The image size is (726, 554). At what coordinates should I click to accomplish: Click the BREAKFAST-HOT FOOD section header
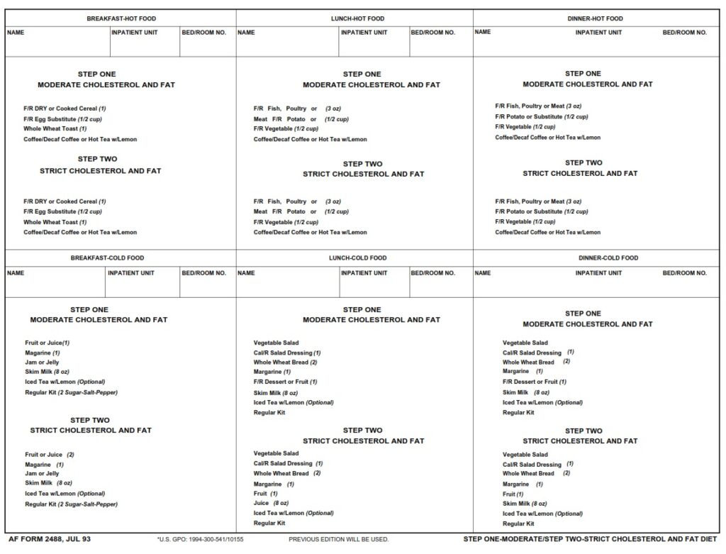[121, 18]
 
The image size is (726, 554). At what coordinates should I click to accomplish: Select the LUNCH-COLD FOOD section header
[357, 258]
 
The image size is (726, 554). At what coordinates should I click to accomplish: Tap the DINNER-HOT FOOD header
[595, 18]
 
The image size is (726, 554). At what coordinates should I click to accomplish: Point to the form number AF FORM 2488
[50, 540]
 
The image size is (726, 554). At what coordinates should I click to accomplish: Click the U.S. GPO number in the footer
[200, 540]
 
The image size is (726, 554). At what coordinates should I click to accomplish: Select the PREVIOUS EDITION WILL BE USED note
[338, 540]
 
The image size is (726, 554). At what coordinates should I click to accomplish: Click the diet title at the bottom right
[591, 540]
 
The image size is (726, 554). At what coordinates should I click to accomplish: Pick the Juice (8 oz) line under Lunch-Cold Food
[272, 503]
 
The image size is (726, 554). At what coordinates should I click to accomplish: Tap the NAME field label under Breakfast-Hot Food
[16, 33]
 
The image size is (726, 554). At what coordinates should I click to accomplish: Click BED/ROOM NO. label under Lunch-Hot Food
[432, 33]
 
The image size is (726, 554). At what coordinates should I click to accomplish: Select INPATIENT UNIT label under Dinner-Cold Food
[598, 273]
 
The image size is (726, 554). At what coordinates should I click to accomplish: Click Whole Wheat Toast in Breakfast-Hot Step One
[55, 129]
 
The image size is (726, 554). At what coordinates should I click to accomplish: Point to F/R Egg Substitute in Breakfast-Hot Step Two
[62, 211]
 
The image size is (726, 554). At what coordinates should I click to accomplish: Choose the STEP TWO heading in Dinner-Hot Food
[583, 162]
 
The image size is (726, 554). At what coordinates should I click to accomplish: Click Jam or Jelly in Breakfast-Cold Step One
[42, 362]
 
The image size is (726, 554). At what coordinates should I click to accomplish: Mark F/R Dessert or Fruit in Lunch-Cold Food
[285, 382]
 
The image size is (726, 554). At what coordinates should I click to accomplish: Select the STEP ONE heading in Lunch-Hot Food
[362, 74]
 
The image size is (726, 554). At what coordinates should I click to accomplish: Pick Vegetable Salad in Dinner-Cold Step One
[525, 343]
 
